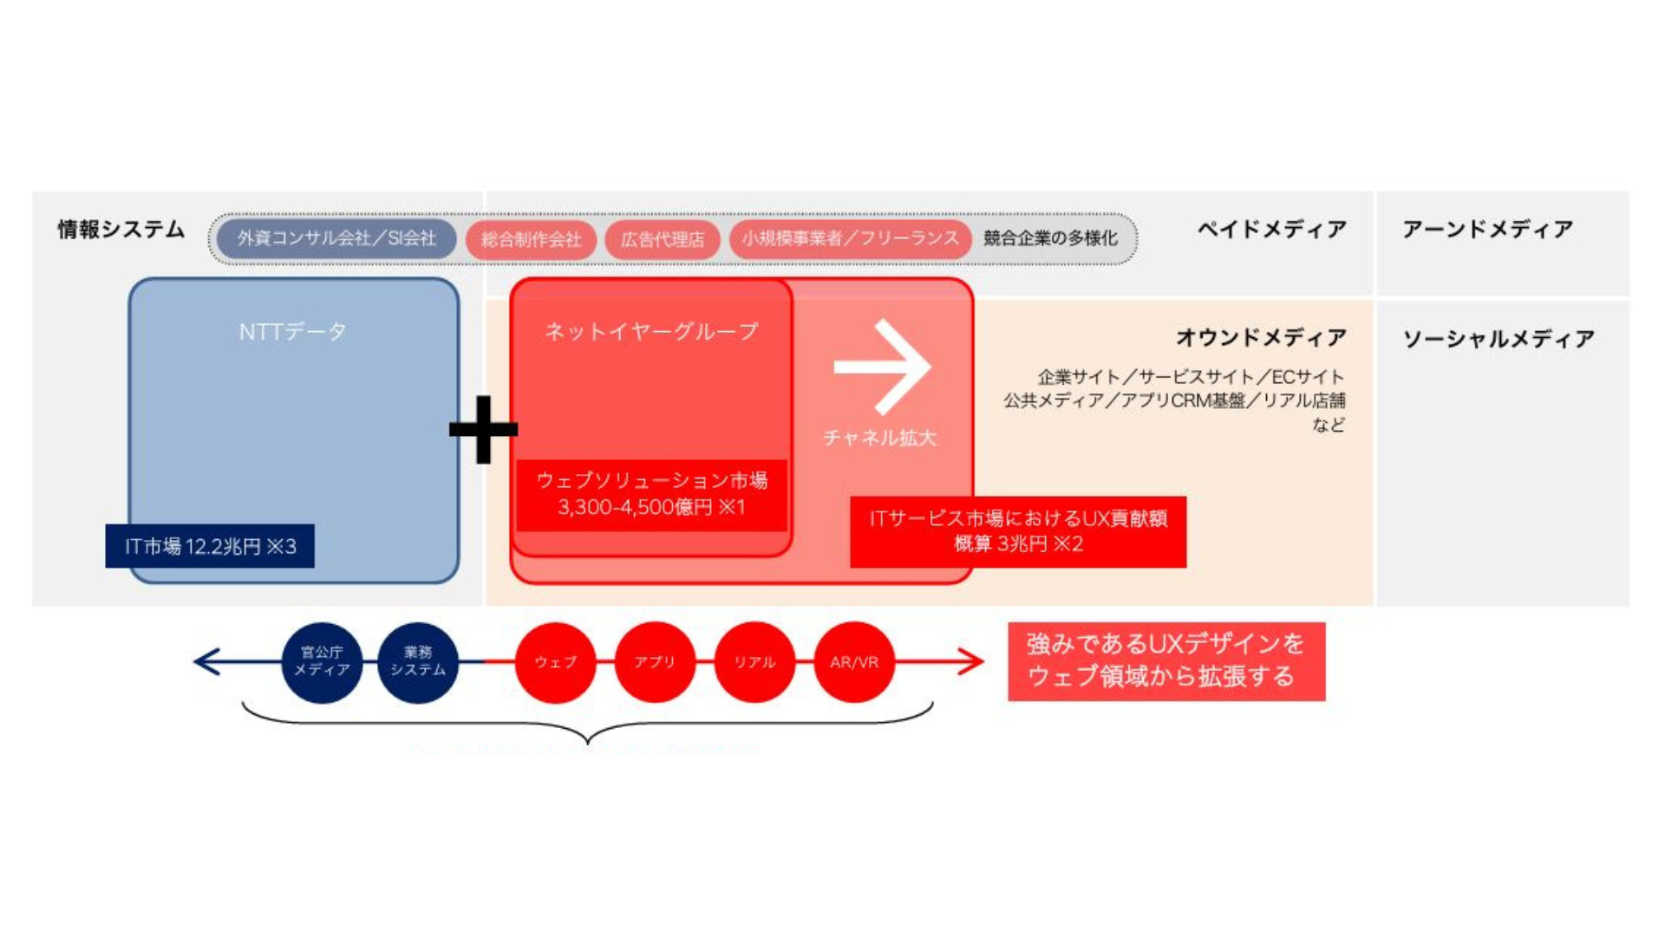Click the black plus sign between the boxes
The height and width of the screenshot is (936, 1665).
tap(483, 429)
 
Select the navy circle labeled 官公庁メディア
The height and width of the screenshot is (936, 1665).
tap(322, 662)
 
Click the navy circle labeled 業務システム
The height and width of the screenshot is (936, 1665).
tap(418, 662)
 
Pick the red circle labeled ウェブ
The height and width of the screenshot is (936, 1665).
tap(555, 662)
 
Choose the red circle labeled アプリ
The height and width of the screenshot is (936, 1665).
tap(655, 662)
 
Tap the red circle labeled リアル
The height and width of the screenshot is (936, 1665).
tap(754, 662)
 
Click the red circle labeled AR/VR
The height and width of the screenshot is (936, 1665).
tap(854, 662)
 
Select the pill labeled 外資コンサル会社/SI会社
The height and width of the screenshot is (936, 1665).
tap(336, 238)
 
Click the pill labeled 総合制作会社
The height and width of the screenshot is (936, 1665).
tap(531, 239)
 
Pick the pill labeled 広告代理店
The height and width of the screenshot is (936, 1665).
tap(663, 239)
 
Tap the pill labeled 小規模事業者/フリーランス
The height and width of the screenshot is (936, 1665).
tap(850, 238)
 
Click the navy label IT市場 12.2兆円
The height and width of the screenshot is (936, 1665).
tap(210, 546)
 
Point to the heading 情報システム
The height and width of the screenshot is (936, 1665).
tap(121, 229)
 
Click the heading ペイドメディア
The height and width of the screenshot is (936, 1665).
tap(1272, 229)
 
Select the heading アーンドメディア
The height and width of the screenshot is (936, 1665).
tap(1487, 229)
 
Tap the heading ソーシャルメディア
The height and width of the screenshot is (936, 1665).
tap(1498, 339)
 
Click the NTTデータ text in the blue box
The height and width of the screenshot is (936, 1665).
tap(293, 331)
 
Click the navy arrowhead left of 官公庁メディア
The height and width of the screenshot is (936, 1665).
tap(205, 662)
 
